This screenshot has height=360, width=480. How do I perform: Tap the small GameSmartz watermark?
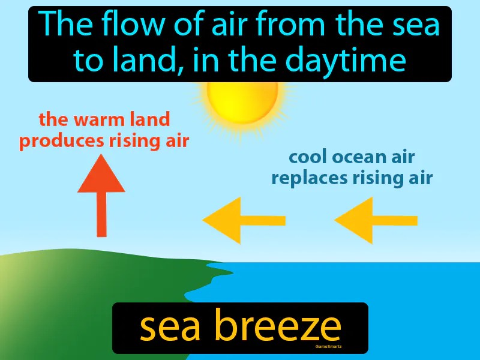pos(328,346)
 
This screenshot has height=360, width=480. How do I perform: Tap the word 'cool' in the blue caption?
pos(310,157)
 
